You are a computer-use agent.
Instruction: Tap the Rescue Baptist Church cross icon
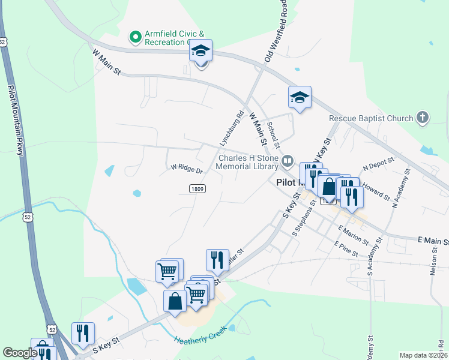pyautogui.click(x=423, y=118)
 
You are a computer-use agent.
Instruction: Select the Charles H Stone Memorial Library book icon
pyautogui.click(x=288, y=161)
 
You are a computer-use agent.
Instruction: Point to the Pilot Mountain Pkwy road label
pyautogui.click(x=16, y=120)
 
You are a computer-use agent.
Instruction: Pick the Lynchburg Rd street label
pyautogui.click(x=231, y=128)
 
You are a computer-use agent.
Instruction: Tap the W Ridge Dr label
pyautogui.click(x=187, y=169)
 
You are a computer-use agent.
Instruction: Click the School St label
pyautogui.click(x=274, y=134)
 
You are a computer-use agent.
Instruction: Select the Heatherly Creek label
pyautogui.click(x=200, y=335)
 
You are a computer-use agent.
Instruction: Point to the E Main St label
pyautogui.click(x=433, y=241)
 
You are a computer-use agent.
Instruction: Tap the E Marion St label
pyautogui.click(x=353, y=235)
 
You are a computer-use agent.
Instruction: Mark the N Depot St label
pyautogui.click(x=378, y=164)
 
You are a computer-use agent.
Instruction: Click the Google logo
pyautogui.click(x=20, y=353)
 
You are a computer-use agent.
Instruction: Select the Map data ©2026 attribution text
pyautogui.click(x=423, y=355)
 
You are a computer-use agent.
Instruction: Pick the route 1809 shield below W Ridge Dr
pyautogui.click(x=197, y=188)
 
